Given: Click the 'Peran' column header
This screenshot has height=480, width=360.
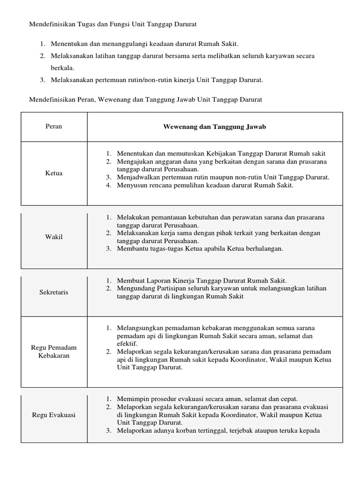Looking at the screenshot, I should (54, 127).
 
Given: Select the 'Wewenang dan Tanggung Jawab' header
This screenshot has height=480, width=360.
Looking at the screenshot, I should (214, 127).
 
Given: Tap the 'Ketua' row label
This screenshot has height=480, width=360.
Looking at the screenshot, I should (54, 173).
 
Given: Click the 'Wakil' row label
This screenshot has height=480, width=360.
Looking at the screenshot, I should (54, 237).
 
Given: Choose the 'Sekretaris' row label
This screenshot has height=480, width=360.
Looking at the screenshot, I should (54, 292).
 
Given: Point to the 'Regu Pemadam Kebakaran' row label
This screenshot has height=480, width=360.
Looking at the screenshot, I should (54, 352).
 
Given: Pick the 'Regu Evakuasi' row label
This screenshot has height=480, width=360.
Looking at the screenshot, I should (54, 415).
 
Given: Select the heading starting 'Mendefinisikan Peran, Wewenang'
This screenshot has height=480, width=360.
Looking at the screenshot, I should (146, 99).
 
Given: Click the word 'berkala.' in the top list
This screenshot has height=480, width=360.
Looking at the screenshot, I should (63, 67).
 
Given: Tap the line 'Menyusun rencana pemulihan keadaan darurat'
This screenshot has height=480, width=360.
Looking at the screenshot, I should (205, 185).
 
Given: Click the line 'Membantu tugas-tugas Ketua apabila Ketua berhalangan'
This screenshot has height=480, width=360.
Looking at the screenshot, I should (200, 248).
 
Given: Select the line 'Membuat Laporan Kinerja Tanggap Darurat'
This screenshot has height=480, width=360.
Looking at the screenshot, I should (202, 280).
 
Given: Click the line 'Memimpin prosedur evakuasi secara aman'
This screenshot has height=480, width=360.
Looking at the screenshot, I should (207, 398).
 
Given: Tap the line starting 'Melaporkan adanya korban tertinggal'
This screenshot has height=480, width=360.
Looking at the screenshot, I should (218, 430).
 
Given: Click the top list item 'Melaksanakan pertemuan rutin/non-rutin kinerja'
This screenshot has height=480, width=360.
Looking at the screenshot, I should (157, 80).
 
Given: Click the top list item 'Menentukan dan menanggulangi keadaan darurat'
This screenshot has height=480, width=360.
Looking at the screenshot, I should (145, 44).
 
